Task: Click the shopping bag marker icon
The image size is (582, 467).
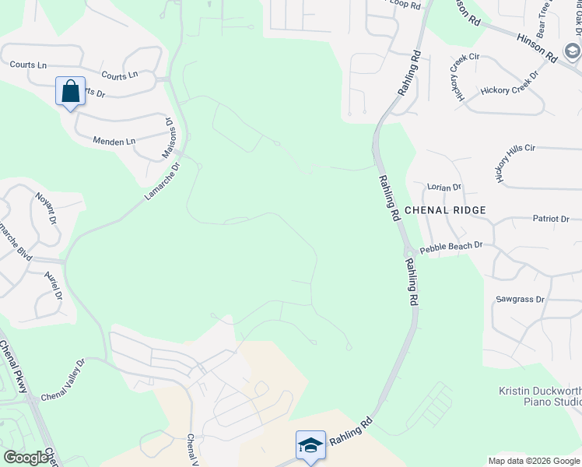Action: tap(70, 92)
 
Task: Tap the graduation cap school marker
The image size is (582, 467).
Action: tap(310, 445)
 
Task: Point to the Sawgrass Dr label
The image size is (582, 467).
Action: tap(520, 299)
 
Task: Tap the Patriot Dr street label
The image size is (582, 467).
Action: tap(551, 219)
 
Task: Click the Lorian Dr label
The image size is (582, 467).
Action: tap(444, 188)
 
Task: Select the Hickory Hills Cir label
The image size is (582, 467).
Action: tap(515, 162)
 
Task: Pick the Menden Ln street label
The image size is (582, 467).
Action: tap(114, 142)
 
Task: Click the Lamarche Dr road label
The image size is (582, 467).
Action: tap(162, 181)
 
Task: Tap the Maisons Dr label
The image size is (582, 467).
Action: tap(168, 139)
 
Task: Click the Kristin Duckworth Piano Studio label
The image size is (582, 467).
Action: tap(540, 396)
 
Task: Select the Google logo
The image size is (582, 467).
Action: tap(26, 458)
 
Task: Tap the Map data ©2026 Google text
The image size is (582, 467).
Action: tap(533, 461)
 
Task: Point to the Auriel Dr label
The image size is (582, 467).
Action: tap(52, 286)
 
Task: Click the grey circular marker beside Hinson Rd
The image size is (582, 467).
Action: tap(572, 52)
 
